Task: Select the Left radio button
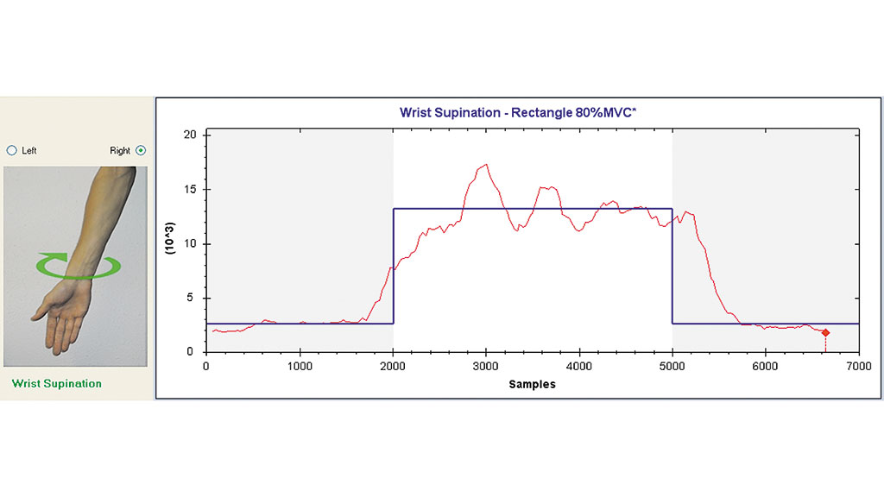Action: tap(12, 150)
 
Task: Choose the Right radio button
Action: tap(141, 150)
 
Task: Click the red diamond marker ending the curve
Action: tap(825, 332)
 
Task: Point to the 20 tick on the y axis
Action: tap(191, 135)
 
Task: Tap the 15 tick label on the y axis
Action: tap(191, 190)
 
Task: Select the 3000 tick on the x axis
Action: tap(486, 366)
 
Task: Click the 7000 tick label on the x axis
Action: tap(858, 366)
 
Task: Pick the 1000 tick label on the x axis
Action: tap(300, 366)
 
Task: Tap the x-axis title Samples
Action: tap(532, 384)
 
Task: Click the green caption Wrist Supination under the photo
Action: tap(56, 384)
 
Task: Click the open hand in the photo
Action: tap(65, 315)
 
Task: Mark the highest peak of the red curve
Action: tap(486, 164)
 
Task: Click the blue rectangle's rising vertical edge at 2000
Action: tap(394, 267)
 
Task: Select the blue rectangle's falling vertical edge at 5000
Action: tap(672, 267)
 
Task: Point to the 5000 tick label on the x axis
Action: tap(672, 366)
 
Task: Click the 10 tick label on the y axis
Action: tap(191, 244)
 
